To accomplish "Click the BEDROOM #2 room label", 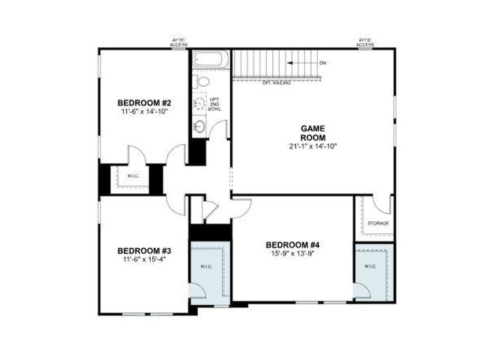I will point(145,102).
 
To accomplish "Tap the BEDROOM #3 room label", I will point(145,250).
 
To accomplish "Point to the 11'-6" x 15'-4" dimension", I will point(145,259).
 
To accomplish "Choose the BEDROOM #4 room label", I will point(292,245).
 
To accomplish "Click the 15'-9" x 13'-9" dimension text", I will point(292,254).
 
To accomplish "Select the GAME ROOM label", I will point(312,133).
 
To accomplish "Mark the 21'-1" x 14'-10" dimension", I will point(312,146).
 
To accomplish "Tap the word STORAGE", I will point(378,223).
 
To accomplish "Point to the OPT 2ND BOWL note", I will point(214,104).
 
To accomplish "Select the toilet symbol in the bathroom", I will point(198,80).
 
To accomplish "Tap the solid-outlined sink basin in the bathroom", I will point(199,126).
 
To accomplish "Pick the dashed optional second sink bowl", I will point(199,103).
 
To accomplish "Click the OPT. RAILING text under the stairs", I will point(277,82).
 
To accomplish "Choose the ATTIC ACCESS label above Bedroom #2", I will point(178,43).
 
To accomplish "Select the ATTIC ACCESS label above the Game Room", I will point(365,43).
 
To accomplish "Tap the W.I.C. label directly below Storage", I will point(370,266).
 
